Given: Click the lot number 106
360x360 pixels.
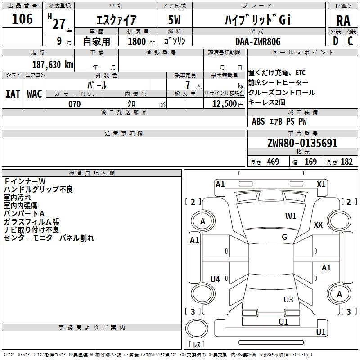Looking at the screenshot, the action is tap(22, 18).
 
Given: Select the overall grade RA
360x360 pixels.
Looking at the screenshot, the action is tap(343, 21).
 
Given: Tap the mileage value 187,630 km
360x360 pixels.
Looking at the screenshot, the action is tap(53, 64).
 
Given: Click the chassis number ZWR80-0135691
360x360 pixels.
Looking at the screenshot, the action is tap(302, 143).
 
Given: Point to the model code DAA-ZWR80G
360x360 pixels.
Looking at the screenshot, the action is tap(258, 41).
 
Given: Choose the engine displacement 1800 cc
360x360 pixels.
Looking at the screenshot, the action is tap(141, 41).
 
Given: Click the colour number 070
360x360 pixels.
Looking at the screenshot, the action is tap(75, 104).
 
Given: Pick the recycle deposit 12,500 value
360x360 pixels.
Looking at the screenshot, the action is tap(225, 104).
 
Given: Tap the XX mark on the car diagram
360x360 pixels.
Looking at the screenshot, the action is tap(318, 225).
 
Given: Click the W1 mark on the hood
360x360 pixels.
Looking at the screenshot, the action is tap(291, 216).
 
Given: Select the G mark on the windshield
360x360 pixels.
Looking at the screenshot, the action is tap(284, 237).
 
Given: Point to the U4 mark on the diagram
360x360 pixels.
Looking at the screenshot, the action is tap(215, 279).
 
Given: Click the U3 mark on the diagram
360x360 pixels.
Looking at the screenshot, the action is tap(288, 299).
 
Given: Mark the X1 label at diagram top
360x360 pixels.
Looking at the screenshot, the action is tap(321, 184).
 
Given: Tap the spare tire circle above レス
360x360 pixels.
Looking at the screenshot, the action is tap(197, 328).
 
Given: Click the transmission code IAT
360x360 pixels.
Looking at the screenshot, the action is tap(13, 94).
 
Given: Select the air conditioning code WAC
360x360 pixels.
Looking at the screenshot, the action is tap(35, 94).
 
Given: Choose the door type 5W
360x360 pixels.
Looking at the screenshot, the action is tap(174, 20).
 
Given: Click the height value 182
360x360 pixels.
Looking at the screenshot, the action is tap(346, 162).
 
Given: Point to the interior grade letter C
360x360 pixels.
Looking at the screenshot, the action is tap(350, 41).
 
